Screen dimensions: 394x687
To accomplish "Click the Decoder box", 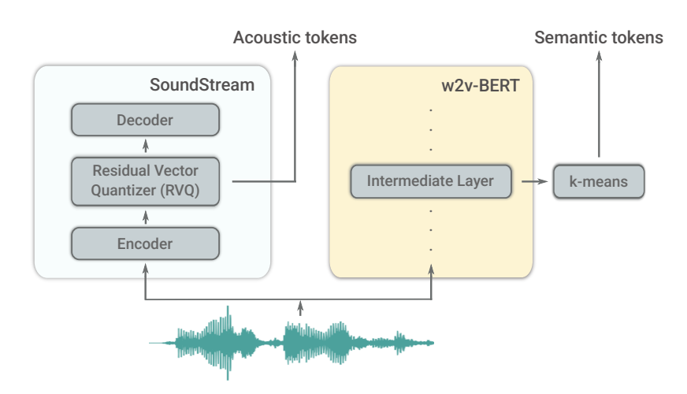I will [x=145, y=121].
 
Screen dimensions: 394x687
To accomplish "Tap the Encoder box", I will [x=145, y=243].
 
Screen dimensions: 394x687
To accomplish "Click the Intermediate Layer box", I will [x=430, y=181].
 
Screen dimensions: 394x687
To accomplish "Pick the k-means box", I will [x=599, y=182].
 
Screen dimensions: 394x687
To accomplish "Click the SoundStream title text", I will [x=202, y=85].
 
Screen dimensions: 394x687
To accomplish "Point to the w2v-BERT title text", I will [x=482, y=85].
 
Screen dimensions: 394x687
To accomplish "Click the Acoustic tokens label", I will [x=295, y=37].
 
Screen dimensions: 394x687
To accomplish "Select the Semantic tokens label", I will [x=599, y=37].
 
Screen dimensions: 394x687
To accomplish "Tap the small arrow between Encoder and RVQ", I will [x=145, y=214].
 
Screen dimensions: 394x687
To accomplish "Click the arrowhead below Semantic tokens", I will [x=598, y=57].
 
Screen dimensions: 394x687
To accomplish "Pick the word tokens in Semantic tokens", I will [x=635, y=37].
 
